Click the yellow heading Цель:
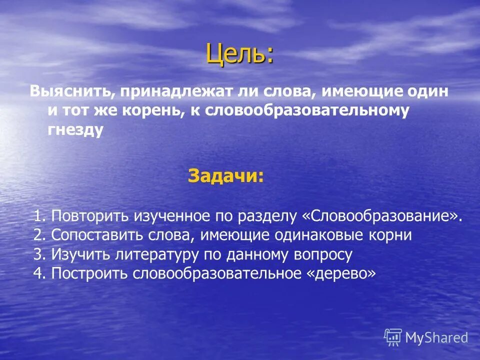pos(240,54)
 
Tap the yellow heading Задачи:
pos(225,176)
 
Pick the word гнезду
pos(75,129)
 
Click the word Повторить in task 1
pos(90,216)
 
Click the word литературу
pos(157,254)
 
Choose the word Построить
pos(90,273)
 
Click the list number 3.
pos(38,254)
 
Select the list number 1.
pos(38,216)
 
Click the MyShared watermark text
pos(436,337)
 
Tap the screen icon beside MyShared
pos(393,337)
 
